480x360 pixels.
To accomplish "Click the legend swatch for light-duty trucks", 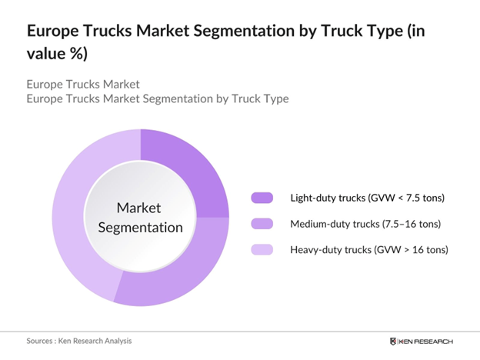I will [x=262, y=198].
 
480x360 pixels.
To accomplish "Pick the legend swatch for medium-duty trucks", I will [x=262, y=224].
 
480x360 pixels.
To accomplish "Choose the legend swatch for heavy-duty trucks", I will [x=262, y=250].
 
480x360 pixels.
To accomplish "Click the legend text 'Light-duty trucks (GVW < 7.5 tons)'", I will [x=367, y=198].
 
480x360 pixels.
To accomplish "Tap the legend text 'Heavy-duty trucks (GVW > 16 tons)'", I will [x=368, y=250].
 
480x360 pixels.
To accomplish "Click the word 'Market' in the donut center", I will [x=139, y=208].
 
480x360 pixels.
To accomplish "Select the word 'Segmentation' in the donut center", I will [x=139, y=227].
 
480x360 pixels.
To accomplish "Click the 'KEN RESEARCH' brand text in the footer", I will [x=426, y=341].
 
